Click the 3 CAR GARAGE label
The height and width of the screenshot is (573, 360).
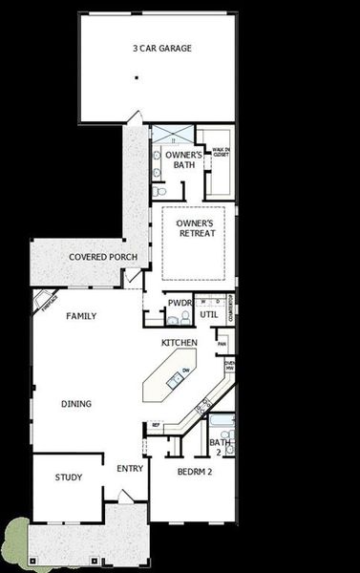(162, 47)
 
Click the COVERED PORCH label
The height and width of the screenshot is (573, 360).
(103, 258)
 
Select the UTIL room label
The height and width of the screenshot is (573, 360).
(208, 312)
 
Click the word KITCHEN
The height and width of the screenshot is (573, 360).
(179, 342)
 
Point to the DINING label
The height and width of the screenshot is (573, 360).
(76, 404)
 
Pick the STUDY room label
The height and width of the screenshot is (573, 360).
(68, 477)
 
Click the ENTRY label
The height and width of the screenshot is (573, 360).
(129, 469)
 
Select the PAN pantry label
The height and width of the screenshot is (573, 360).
(222, 344)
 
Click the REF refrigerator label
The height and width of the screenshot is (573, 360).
(156, 425)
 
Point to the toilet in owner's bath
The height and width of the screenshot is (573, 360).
(159, 172)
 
